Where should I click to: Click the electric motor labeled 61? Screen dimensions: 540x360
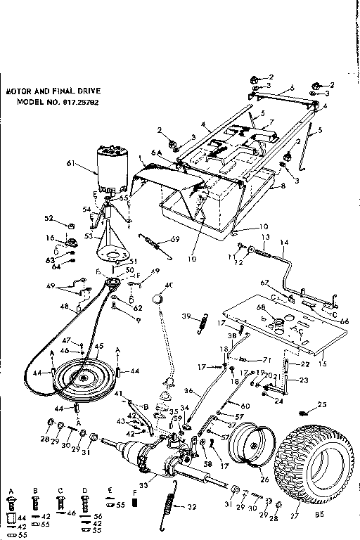pyautogui.click(x=110, y=171)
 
